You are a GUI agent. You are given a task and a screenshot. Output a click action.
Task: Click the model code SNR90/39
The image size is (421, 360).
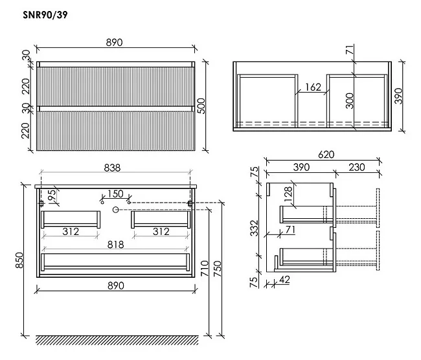(x=45, y=15)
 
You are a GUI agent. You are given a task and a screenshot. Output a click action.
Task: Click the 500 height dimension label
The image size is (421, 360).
(x=201, y=106)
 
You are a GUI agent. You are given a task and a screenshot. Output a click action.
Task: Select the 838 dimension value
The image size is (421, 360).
(x=112, y=168)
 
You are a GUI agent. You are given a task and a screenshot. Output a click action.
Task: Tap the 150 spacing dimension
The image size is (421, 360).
(x=115, y=194)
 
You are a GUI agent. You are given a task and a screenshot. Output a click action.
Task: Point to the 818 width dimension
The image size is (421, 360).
(x=116, y=245)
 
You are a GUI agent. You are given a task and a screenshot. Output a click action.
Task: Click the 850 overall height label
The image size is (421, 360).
(x=19, y=260)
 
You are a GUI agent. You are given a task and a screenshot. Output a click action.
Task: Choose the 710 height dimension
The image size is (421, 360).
(x=205, y=268)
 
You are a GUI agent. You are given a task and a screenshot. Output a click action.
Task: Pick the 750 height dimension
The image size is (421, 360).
(x=217, y=269)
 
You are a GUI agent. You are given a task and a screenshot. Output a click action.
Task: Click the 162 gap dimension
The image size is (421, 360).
(x=313, y=87)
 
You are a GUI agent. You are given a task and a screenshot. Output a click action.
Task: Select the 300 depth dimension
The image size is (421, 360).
(x=350, y=100)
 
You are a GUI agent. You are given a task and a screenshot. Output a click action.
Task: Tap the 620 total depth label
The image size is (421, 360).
(x=326, y=155)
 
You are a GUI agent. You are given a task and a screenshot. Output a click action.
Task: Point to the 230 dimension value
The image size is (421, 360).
(x=357, y=167)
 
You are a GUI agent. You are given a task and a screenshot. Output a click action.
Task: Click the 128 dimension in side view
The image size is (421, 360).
(x=288, y=194)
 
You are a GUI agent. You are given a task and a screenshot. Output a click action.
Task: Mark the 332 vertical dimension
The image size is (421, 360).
(x=254, y=228)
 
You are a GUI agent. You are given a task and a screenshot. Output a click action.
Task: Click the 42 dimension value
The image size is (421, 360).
(x=284, y=280)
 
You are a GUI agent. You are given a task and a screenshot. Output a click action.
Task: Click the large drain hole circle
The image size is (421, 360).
(x=116, y=210)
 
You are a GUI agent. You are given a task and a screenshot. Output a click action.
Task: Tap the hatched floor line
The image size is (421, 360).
(x=117, y=340)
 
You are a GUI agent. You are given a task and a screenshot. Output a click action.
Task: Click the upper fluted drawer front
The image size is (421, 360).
(x=116, y=87)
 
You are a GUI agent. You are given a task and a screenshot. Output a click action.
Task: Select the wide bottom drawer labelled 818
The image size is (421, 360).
(x=115, y=262)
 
